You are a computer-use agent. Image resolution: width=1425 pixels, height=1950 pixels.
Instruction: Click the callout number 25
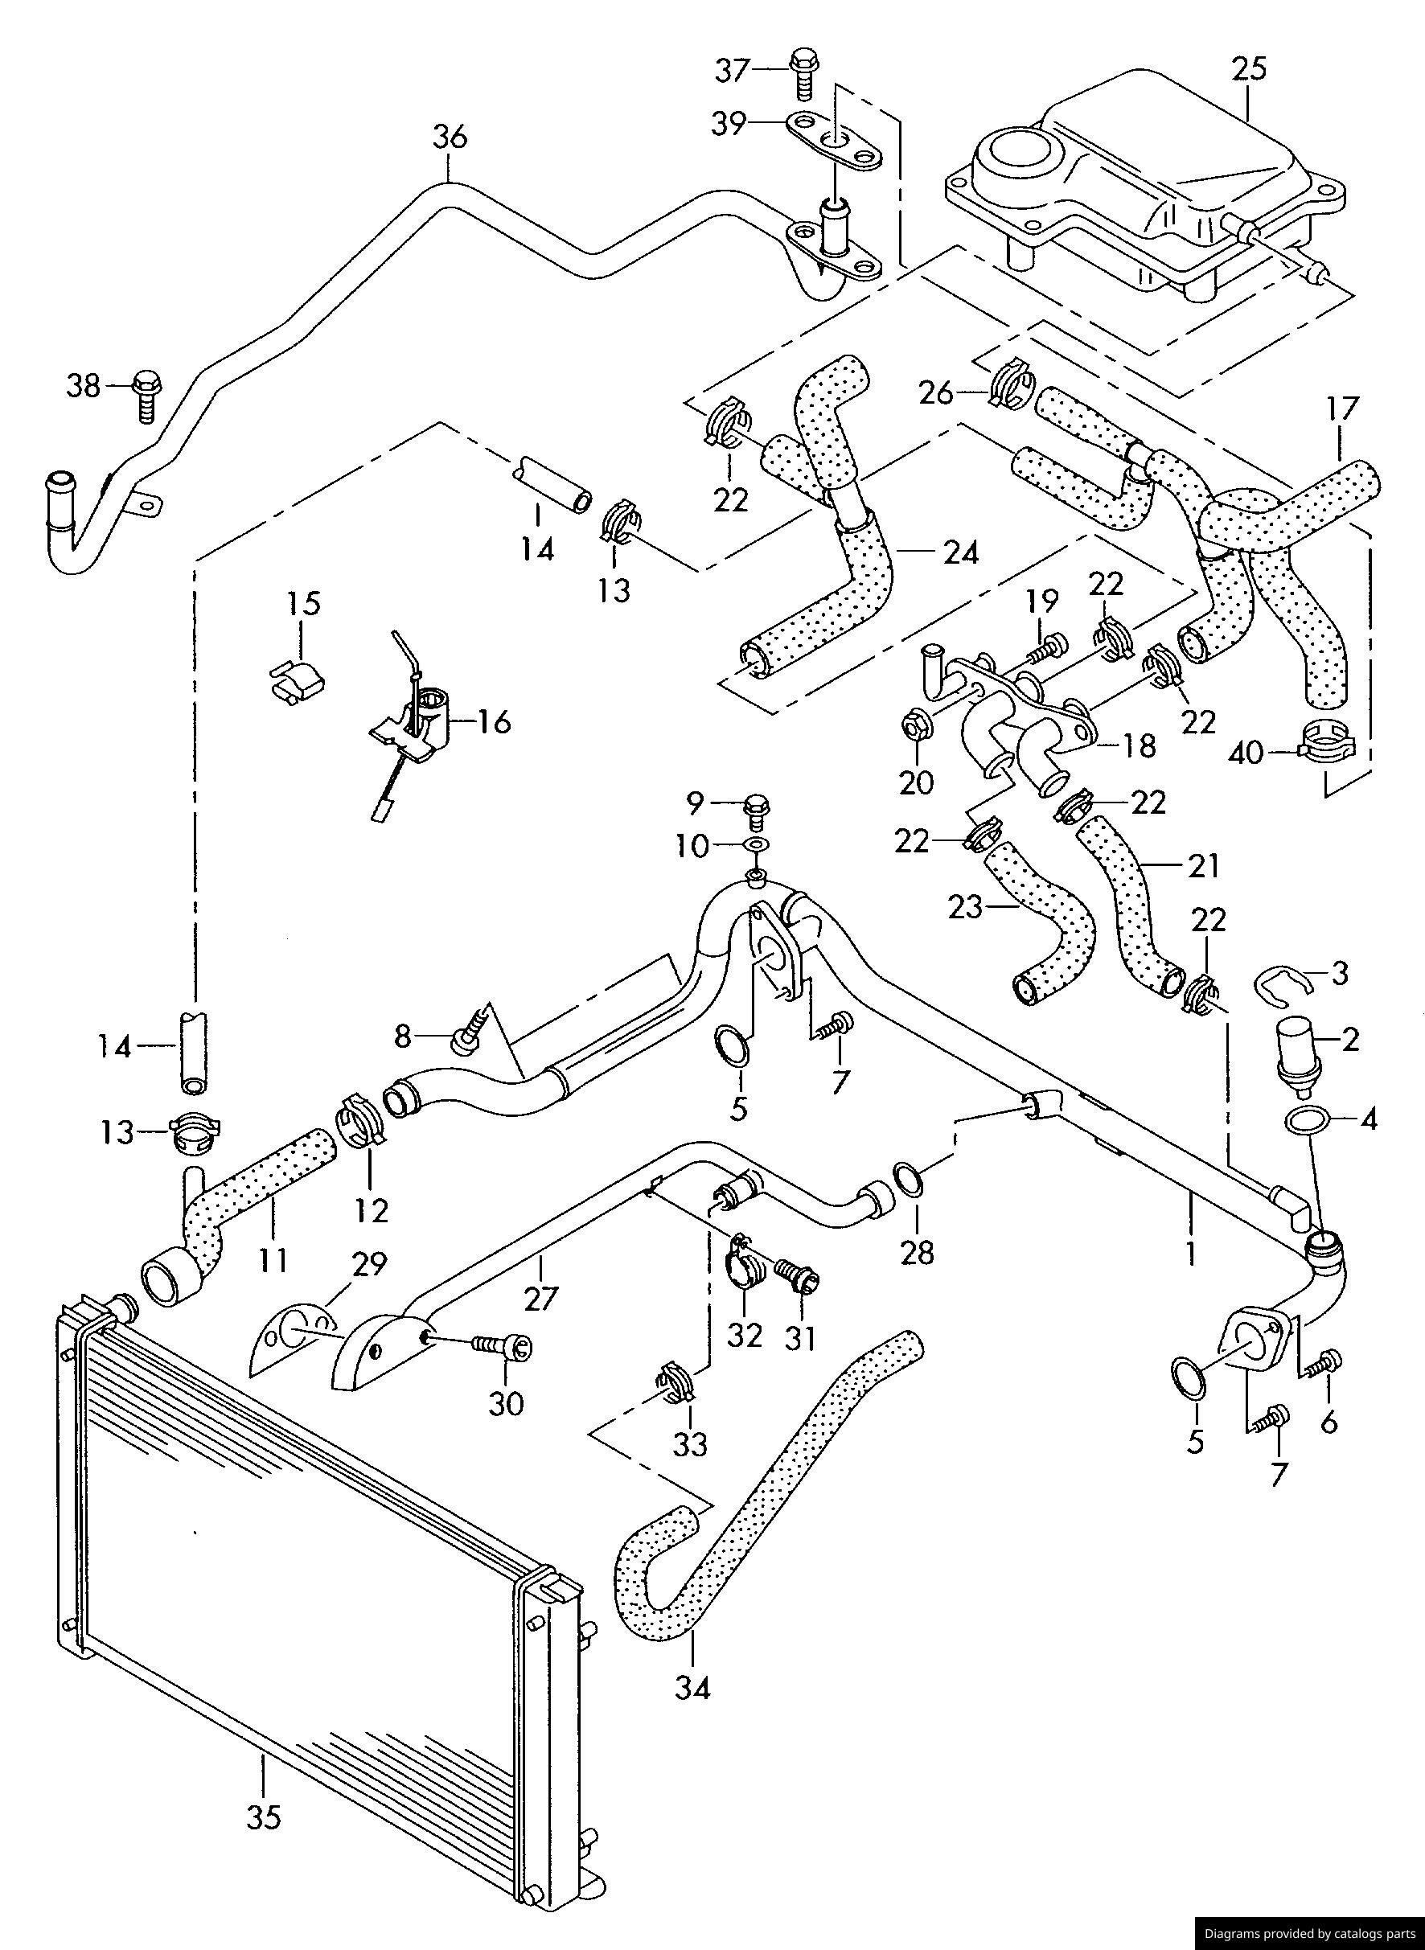point(1248,68)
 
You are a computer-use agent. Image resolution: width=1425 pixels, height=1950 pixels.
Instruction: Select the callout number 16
point(494,721)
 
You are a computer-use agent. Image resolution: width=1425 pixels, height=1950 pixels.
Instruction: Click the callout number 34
point(693,1688)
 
